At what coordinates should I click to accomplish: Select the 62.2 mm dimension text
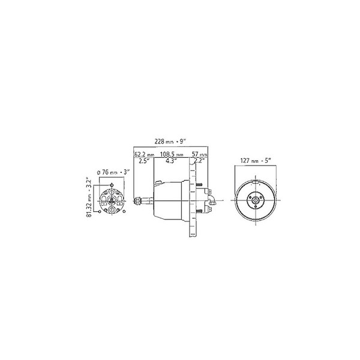(144, 154)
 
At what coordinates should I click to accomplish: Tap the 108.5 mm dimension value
(172, 154)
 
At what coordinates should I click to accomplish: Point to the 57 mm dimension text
(200, 154)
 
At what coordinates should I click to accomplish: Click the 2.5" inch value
(144, 161)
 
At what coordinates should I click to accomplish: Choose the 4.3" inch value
(171, 161)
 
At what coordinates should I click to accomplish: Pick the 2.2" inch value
(199, 161)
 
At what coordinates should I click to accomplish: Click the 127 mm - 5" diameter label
(256, 160)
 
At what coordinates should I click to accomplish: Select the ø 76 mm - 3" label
(113, 172)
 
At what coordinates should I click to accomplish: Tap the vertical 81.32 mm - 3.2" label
(89, 197)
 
